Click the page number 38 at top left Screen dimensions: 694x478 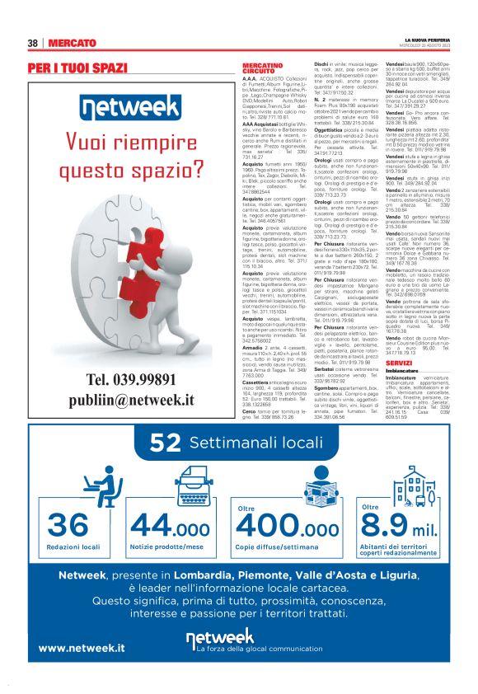pyautogui.click(x=34, y=42)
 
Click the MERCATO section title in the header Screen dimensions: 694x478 pyautogui.click(x=73, y=42)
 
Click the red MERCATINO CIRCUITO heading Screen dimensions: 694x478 pyautogui.click(x=260, y=68)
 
